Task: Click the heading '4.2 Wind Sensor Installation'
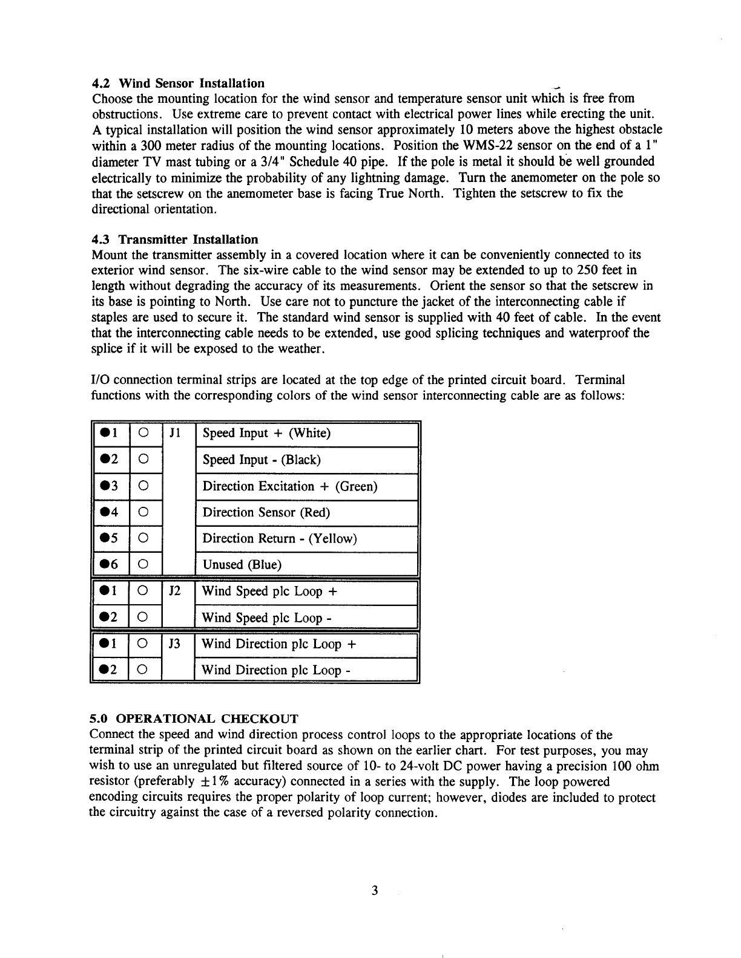[178, 83]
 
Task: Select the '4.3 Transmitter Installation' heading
[174, 239]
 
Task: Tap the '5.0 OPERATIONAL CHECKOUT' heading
[194, 718]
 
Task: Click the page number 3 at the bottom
[375, 890]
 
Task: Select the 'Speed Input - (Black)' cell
[262, 460]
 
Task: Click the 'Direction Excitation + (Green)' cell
[290, 486]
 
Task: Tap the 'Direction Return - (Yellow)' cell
[280, 538]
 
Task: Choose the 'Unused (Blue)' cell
[242, 564]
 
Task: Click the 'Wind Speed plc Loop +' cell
[269, 591]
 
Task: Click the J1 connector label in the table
[174, 433]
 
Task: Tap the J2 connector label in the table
[174, 591]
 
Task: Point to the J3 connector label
[174, 644]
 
